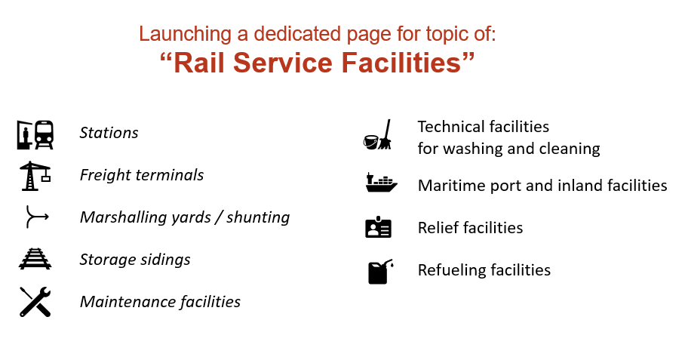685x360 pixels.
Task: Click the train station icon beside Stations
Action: pos(35,134)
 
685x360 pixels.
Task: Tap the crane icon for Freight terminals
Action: pos(35,175)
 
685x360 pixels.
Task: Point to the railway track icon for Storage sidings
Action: pos(35,260)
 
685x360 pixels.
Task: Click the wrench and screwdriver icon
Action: pos(35,302)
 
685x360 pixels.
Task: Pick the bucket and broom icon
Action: pos(377,136)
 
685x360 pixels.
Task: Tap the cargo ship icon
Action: pos(381,183)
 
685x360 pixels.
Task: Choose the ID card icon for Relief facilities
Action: pos(378,227)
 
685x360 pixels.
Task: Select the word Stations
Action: pos(109,133)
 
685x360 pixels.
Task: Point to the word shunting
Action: pos(258,217)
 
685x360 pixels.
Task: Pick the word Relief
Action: pos(436,227)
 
